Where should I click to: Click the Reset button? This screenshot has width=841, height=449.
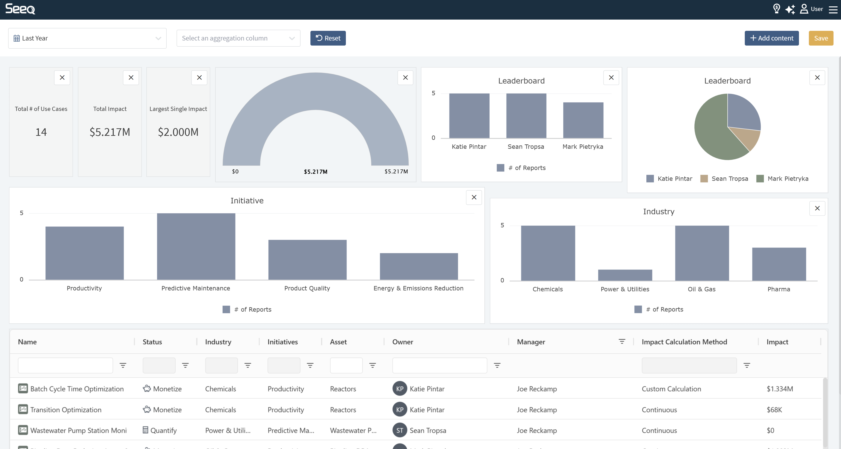[328, 38]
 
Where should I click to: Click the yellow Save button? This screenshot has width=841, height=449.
[821, 38]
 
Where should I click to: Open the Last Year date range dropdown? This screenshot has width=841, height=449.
[87, 38]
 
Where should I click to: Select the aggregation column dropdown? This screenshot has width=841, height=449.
[238, 38]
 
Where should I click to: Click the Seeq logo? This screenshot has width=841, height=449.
[20, 9]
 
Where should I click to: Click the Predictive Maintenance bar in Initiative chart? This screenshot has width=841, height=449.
[196, 246]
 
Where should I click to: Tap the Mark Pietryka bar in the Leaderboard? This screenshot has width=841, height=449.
[583, 120]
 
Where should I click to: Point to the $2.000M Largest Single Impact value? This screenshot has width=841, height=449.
[178, 132]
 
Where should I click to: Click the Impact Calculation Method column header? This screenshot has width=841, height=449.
[684, 342]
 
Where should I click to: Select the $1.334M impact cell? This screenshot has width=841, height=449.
[780, 389]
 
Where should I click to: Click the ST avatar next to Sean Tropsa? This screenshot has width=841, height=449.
[400, 430]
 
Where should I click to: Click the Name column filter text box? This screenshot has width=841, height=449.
[65, 365]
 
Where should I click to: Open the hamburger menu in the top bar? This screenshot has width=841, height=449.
[833, 9]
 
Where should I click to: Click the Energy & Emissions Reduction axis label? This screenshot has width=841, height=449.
[418, 288]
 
